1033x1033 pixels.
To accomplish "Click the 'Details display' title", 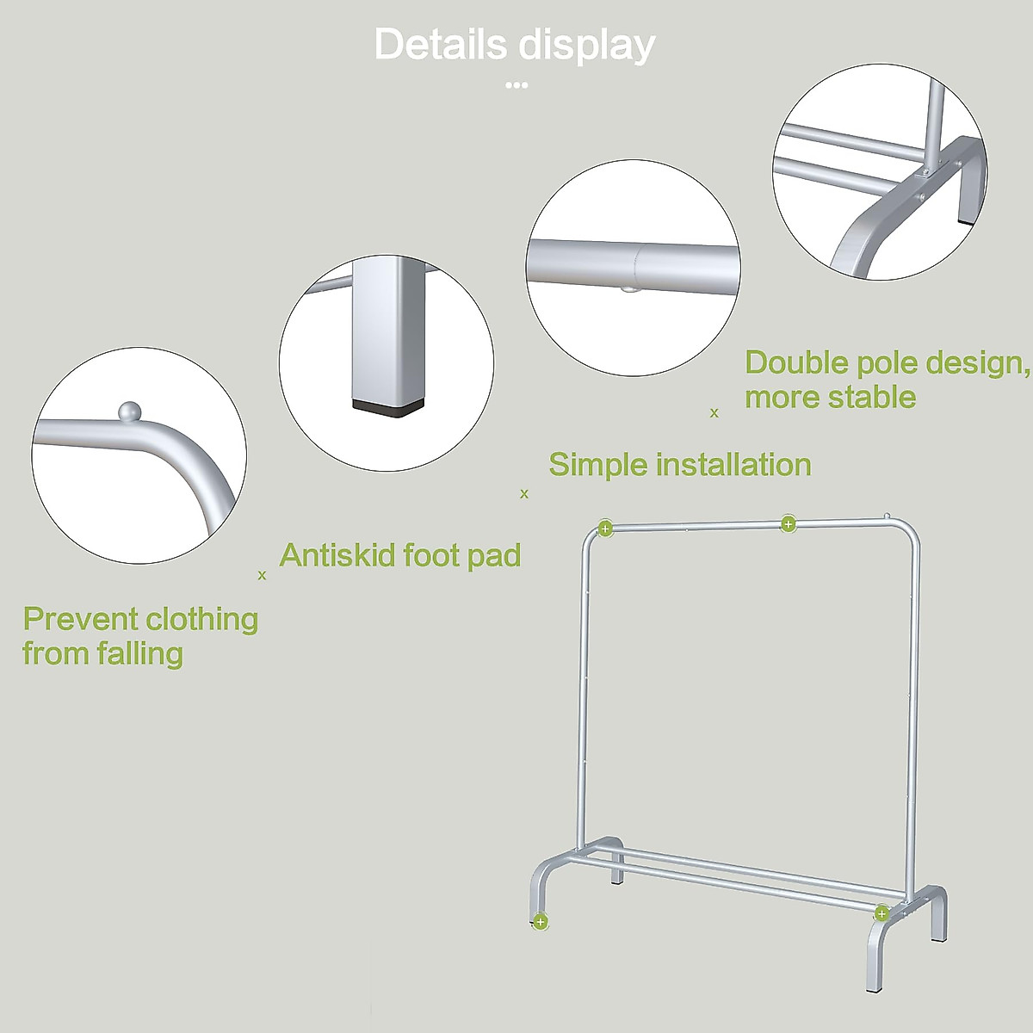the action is point(515,45).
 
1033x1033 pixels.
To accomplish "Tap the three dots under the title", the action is point(516,85).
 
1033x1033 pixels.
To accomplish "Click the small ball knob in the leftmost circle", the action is point(128,411).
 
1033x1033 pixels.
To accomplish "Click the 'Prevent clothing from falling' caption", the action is point(140,636).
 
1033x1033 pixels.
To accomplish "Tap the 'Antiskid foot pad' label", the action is point(400,555).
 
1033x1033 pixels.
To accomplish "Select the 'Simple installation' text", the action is point(680,465).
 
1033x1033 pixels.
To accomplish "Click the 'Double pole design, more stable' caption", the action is point(887,380).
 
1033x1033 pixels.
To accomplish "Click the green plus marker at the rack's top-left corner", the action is point(605,529).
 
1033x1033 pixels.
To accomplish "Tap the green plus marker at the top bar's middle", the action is point(788,523).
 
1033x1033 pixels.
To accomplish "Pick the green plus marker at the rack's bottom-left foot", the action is point(540,922).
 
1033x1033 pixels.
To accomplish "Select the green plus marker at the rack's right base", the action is point(881,913).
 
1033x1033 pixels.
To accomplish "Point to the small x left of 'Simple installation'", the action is point(524,494).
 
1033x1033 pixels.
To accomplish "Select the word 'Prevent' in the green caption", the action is point(80,619).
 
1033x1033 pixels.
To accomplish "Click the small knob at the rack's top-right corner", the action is point(887,517).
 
